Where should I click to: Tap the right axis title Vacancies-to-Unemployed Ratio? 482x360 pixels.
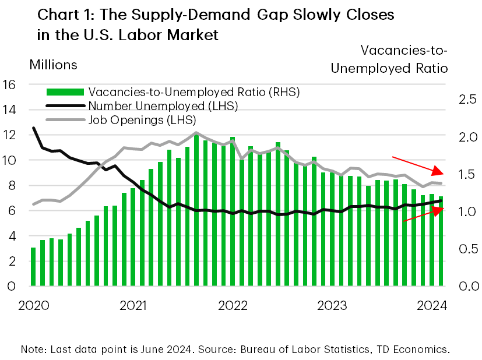(x=389, y=59)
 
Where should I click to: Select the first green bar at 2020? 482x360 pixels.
(x=33, y=267)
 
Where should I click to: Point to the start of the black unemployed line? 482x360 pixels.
(x=33, y=128)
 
